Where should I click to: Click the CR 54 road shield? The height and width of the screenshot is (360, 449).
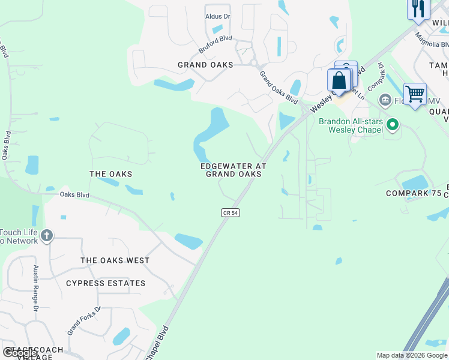230,213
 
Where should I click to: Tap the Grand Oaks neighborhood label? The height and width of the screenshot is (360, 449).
205,65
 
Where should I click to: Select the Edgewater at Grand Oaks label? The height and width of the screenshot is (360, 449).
233,170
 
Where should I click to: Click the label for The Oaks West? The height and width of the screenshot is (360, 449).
115,260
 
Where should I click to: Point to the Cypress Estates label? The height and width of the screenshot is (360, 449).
106,283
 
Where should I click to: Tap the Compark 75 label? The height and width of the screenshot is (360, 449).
415,194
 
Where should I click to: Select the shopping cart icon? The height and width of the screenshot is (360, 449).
415,94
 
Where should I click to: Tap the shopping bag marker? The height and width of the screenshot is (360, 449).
339,80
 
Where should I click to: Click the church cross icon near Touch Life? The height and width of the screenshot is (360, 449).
47,236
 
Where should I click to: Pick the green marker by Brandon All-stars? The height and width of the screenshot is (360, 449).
393,125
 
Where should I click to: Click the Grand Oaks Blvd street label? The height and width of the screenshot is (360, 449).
278,87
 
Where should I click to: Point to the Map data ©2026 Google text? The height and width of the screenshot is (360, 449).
412,355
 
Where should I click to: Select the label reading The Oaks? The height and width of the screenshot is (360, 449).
110,174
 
